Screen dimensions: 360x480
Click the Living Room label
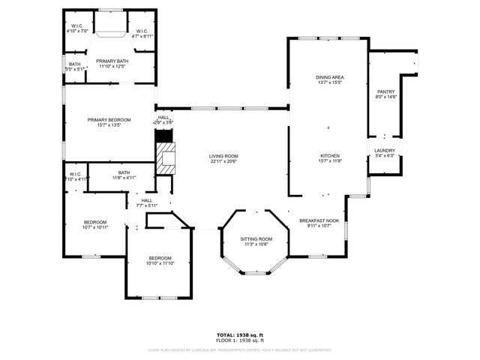[223, 156]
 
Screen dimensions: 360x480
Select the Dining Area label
[330, 77]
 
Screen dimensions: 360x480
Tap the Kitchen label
[330, 156]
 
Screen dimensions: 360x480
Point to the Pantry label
[386, 91]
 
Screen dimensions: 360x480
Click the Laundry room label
[385, 151]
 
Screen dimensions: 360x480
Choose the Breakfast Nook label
[319, 220]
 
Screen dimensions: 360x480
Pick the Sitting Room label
[256, 238]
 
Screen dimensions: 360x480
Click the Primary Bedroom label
[109, 120]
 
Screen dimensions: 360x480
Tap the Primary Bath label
[111, 61]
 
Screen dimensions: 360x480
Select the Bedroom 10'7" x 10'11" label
[95, 222]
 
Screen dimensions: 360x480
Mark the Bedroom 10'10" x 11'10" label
[160, 258]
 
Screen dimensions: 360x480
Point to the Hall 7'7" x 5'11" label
[147, 200]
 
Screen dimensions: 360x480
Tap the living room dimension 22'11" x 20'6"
[223, 161]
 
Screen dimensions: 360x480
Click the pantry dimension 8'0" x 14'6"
[386, 97]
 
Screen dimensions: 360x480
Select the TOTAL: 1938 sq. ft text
[239, 334]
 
